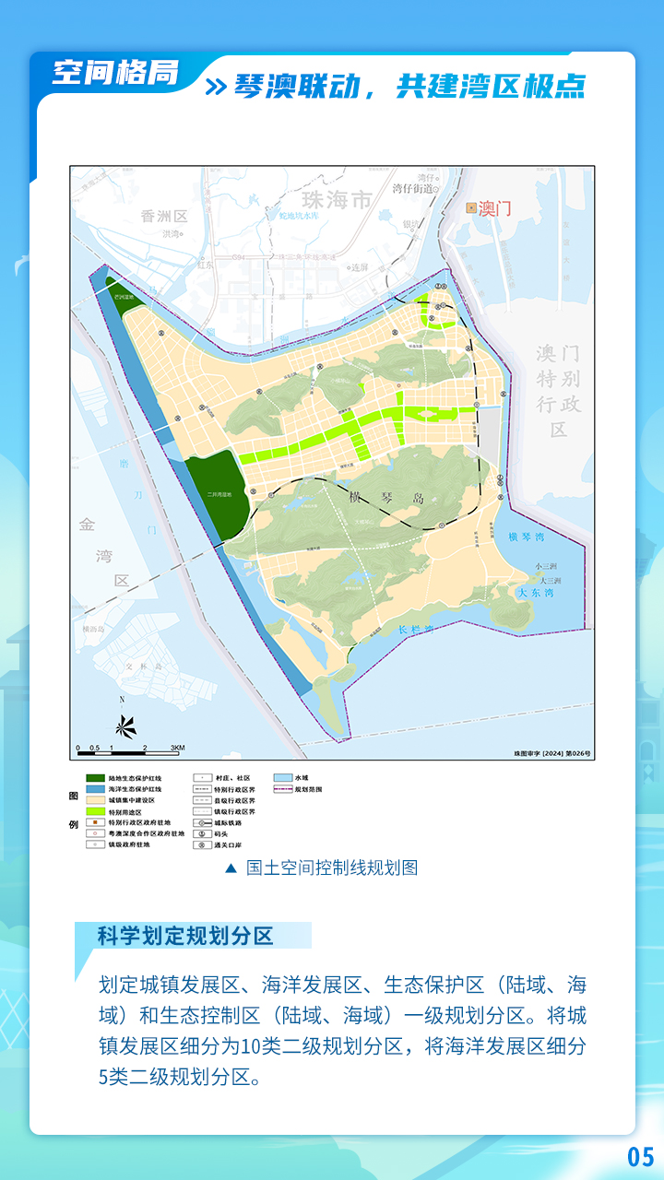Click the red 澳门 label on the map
tap(495, 208)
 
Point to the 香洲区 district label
tap(164, 217)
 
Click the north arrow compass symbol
tap(126, 726)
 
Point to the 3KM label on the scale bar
tap(177, 748)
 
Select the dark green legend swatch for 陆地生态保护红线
tap(94, 779)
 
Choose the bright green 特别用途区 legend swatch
tap(94, 812)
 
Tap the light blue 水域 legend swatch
tap(280, 779)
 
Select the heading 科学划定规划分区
tap(185, 936)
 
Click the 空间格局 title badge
tap(115, 72)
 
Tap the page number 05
tap(640, 1156)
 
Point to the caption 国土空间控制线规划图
tap(332, 868)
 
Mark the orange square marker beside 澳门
tap(471, 208)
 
